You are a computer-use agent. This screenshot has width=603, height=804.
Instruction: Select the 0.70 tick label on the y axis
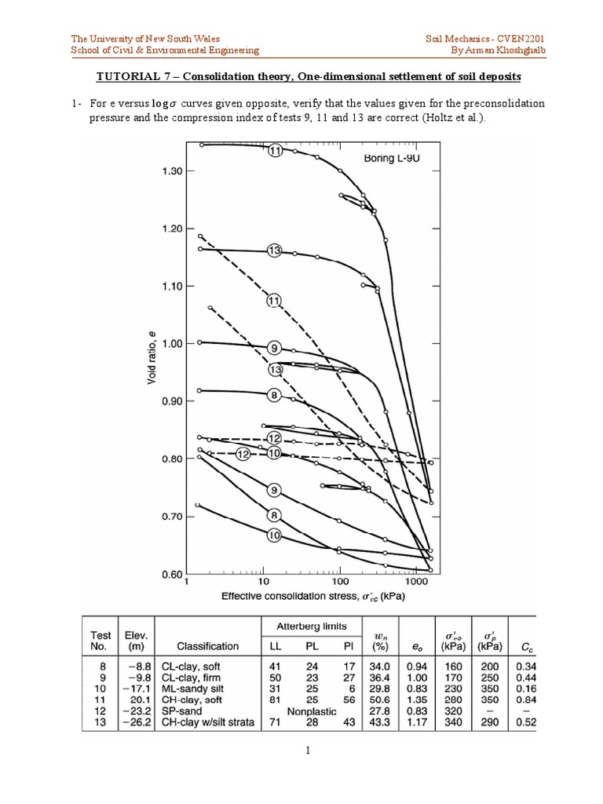click(166, 517)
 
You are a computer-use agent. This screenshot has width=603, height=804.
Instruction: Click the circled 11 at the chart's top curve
click(275, 152)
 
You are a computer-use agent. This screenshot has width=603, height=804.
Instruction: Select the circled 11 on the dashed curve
click(273, 300)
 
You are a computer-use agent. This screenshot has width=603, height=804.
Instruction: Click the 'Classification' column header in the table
click(207, 646)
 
